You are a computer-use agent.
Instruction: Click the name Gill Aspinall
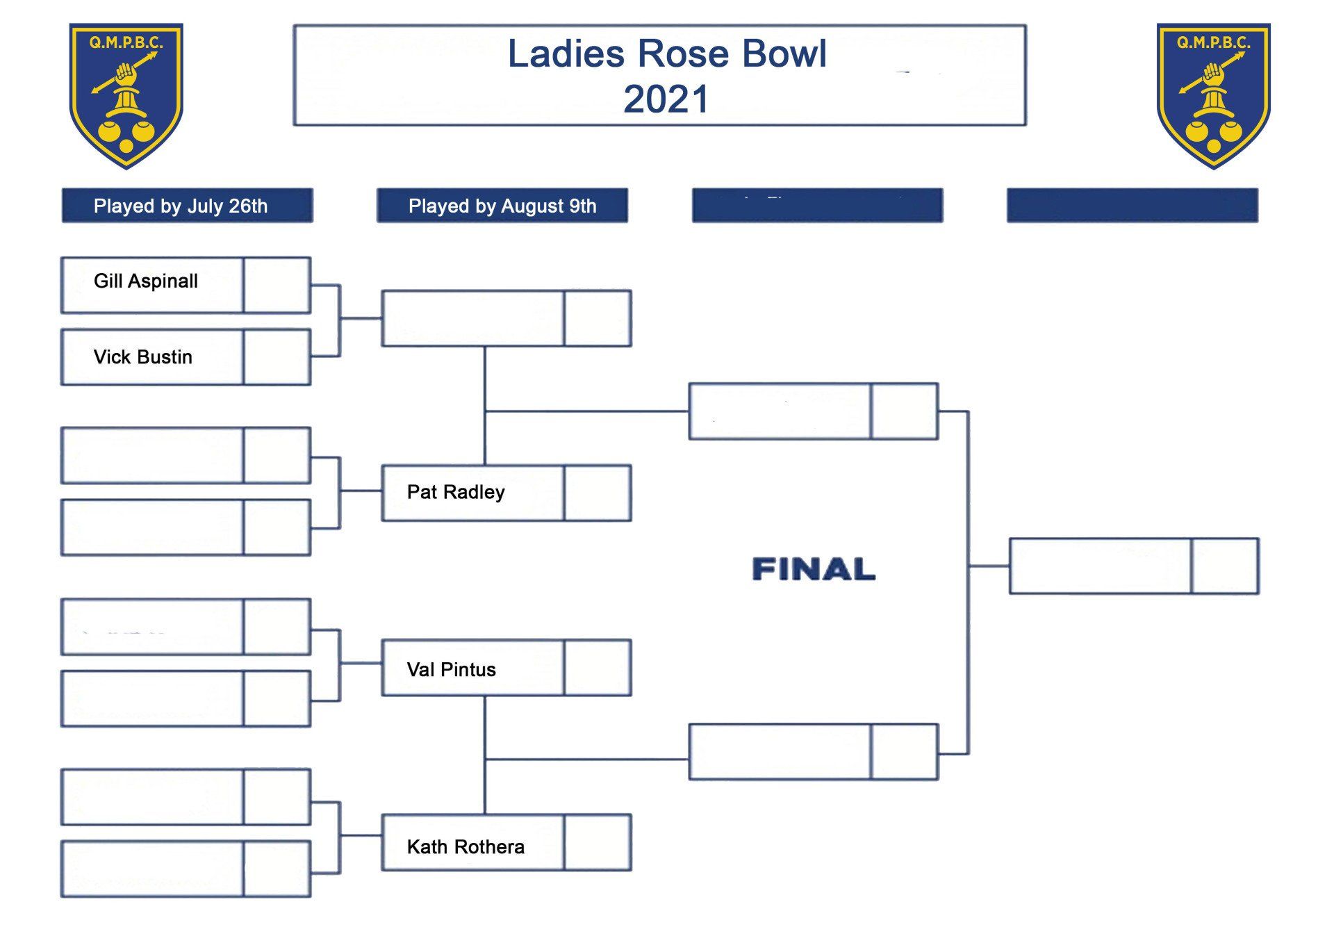145,281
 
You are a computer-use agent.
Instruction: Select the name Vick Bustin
142,357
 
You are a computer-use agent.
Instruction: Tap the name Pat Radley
456,492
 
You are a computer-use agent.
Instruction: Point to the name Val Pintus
451,670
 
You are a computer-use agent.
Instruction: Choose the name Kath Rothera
466,847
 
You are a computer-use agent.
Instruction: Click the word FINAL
814,569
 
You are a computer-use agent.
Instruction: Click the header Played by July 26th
181,206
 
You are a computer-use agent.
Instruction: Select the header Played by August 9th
502,206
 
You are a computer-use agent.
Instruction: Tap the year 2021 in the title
666,99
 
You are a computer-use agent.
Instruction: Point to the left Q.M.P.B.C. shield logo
126,96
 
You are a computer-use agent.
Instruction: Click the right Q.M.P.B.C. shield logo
1213,96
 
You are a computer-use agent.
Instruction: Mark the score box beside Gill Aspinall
277,286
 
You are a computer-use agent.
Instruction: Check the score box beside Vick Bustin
277,357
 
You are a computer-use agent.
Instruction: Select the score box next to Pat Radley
598,493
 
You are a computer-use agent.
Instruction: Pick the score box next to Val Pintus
598,668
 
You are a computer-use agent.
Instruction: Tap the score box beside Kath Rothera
598,842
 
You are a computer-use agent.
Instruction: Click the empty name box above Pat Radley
472,318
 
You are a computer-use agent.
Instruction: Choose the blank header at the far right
1132,206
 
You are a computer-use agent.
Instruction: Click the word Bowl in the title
784,54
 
